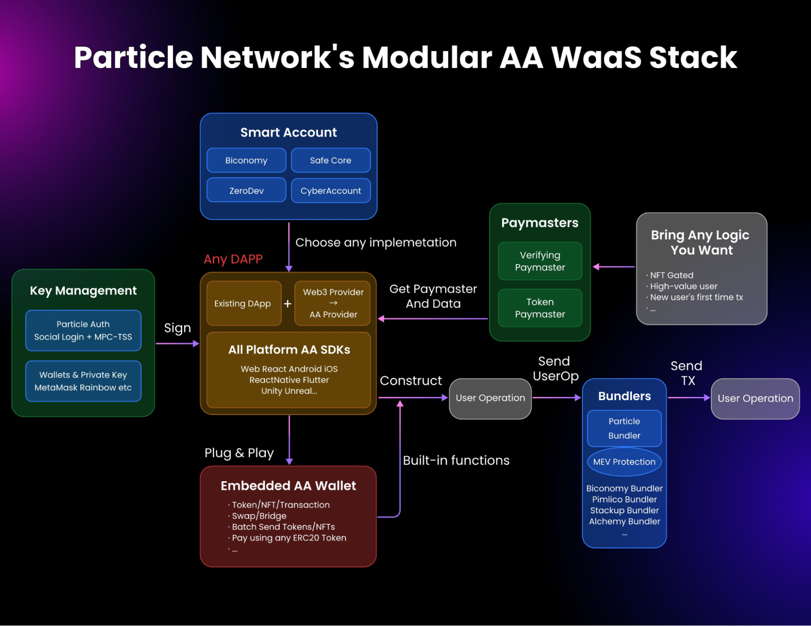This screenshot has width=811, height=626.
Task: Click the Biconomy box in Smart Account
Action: (x=246, y=161)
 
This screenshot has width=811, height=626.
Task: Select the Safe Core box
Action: (x=331, y=161)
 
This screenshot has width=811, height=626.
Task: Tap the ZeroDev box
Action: (x=246, y=191)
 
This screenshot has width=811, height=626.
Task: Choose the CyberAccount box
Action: (x=331, y=191)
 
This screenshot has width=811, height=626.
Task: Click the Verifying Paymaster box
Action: (x=540, y=262)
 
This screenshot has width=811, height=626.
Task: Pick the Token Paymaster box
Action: (x=540, y=308)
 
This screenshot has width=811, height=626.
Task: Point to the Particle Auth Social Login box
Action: (x=83, y=330)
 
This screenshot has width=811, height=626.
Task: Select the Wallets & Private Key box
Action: (x=83, y=381)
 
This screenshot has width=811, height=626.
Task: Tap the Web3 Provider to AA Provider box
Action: (x=333, y=303)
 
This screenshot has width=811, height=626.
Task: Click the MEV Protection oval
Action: (x=624, y=462)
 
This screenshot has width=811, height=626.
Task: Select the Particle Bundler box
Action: (x=624, y=429)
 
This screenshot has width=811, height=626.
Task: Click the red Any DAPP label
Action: (x=233, y=259)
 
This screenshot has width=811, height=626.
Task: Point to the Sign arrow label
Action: (x=177, y=328)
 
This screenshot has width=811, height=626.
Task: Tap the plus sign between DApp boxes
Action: (x=288, y=304)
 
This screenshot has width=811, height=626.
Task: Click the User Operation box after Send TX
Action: (x=755, y=399)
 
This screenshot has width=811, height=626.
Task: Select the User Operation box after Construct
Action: (x=490, y=398)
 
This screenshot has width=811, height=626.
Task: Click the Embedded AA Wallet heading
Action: (x=288, y=486)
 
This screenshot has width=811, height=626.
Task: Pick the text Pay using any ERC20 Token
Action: (x=289, y=538)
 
